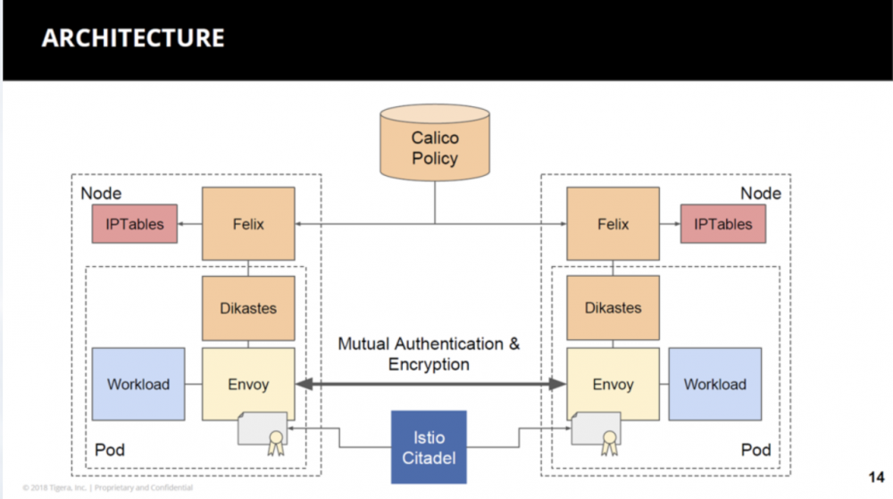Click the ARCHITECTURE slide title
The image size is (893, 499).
[132, 38]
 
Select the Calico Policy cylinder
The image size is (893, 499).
[434, 147]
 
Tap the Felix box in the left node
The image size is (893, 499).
[247, 223]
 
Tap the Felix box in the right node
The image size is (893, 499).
[613, 223]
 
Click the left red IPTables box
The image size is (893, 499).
[134, 223]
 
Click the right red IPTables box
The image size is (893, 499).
[722, 223]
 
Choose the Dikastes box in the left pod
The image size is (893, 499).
[247, 308]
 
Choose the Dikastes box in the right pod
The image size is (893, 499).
[613, 308]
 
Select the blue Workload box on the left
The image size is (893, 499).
[138, 384]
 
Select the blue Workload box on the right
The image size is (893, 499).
[714, 384]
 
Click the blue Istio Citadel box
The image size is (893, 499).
[429, 447]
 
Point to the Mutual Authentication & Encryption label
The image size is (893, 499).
[429, 353]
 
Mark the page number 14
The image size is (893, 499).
[876, 474]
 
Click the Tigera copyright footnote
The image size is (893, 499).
[107, 487]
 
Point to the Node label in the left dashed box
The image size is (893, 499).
[101, 194]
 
